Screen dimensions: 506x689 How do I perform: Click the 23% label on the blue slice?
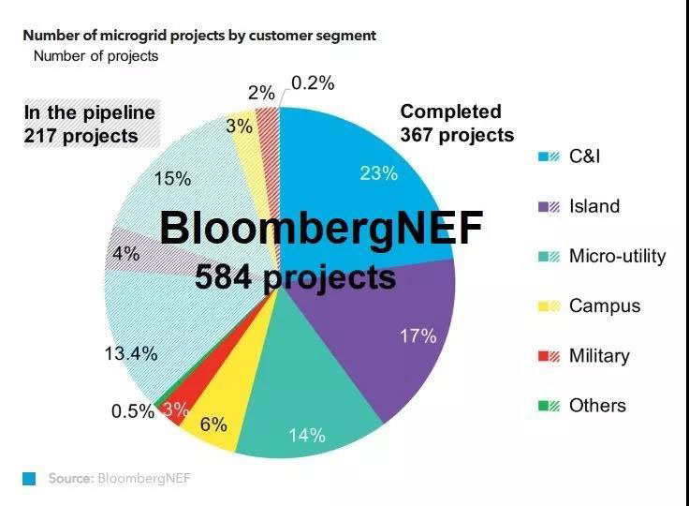(x=379, y=173)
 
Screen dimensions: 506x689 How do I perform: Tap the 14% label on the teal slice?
(x=306, y=435)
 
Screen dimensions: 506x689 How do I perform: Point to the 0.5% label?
(x=132, y=411)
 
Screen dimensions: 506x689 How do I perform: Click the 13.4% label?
(x=130, y=353)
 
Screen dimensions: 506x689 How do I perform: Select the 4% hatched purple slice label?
(x=125, y=253)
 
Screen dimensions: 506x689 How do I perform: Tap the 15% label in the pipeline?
(x=172, y=178)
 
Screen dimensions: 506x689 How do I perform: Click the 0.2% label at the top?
(x=313, y=82)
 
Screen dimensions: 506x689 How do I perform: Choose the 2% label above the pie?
(x=262, y=93)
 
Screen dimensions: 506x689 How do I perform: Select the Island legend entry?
(x=594, y=206)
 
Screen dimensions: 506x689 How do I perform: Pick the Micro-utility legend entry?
(x=616, y=256)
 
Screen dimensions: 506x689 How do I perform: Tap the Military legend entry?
(x=598, y=355)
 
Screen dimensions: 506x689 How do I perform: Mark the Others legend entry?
(x=596, y=405)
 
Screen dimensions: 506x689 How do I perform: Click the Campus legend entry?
(x=604, y=305)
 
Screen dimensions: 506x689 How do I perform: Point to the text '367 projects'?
(x=457, y=135)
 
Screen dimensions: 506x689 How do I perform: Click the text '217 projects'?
(x=81, y=136)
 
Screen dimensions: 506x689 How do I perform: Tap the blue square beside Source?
(x=29, y=479)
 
